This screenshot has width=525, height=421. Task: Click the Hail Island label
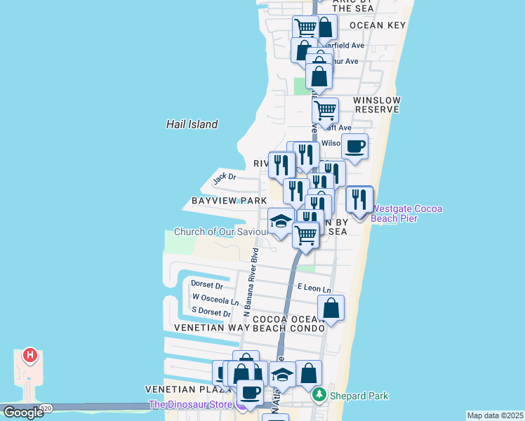pos(192,124)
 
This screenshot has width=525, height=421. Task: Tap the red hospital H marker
pos(29,355)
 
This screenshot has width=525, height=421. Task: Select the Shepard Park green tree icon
pos(319,396)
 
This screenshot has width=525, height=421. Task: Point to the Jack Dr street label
pos(225,178)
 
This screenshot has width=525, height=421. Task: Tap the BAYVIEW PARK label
pos(229,201)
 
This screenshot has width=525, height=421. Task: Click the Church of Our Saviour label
pos(220,232)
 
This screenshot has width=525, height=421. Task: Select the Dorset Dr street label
pos(206,286)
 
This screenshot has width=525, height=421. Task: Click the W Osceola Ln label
pos(215,298)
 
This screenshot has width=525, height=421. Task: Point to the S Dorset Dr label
pos(211,313)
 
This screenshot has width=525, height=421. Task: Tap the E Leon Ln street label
pos(314,288)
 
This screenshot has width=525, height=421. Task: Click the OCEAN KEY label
pos(378,25)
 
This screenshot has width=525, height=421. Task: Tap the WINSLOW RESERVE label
pos(378,105)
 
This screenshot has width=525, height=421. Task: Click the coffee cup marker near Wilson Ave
pos(354,147)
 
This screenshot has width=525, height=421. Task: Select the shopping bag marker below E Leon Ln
pos(331,308)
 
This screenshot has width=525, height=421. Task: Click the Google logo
pos(22,413)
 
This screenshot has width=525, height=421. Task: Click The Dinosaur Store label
pos(192,405)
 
